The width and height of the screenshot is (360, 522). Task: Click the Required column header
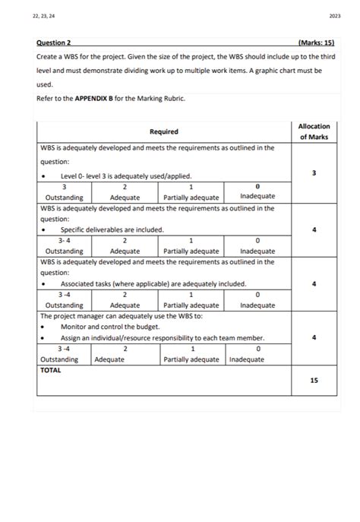coord(164,131)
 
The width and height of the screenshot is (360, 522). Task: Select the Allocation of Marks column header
coord(314,131)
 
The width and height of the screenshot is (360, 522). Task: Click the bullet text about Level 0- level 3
coord(126,176)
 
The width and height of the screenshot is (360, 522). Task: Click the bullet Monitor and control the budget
coord(114,327)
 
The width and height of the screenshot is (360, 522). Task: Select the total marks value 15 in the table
coord(314,381)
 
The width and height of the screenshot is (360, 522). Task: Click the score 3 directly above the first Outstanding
coord(64,186)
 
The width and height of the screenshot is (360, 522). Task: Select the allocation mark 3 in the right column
coord(314,174)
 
